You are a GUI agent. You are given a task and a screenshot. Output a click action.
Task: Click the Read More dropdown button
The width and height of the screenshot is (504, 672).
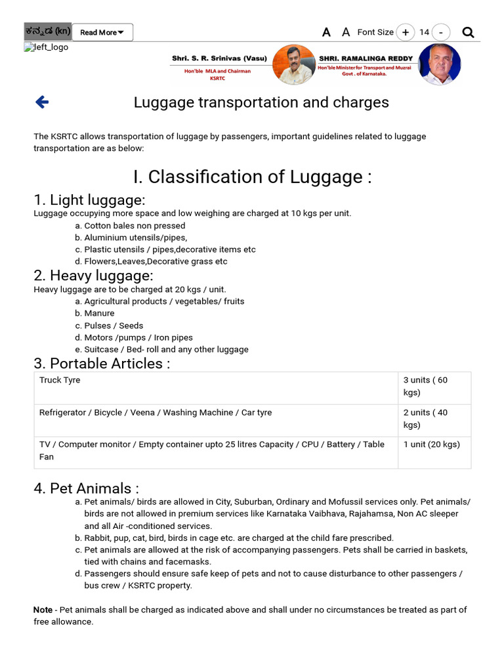[x=102, y=32]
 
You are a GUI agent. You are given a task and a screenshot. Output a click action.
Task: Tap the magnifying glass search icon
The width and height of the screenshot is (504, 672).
[x=468, y=32]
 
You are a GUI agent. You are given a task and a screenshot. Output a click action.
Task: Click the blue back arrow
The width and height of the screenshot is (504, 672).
[x=42, y=102]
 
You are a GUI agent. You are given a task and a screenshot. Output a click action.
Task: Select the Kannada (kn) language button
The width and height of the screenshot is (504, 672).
[x=47, y=31]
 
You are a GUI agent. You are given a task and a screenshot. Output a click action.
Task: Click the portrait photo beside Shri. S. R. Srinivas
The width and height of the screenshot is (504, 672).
[x=293, y=64]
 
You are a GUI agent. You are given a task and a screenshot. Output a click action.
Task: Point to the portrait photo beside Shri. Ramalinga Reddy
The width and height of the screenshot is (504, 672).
[x=439, y=64]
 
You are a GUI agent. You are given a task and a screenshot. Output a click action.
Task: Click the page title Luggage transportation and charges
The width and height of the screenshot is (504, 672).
[x=261, y=102]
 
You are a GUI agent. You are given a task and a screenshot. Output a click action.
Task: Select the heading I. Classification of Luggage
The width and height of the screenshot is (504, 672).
[x=252, y=177]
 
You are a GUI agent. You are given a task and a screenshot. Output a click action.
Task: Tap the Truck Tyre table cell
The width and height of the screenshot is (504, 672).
[x=60, y=380]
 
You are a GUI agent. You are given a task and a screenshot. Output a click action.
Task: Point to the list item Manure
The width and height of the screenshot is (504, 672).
[x=98, y=313]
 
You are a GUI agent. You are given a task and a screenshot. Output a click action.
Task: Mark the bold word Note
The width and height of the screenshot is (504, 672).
[x=43, y=610]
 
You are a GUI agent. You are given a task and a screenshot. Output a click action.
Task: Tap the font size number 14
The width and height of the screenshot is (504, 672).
[x=424, y=32]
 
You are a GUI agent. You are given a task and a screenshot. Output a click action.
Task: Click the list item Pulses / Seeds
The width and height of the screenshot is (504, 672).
[x=113, y=325]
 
